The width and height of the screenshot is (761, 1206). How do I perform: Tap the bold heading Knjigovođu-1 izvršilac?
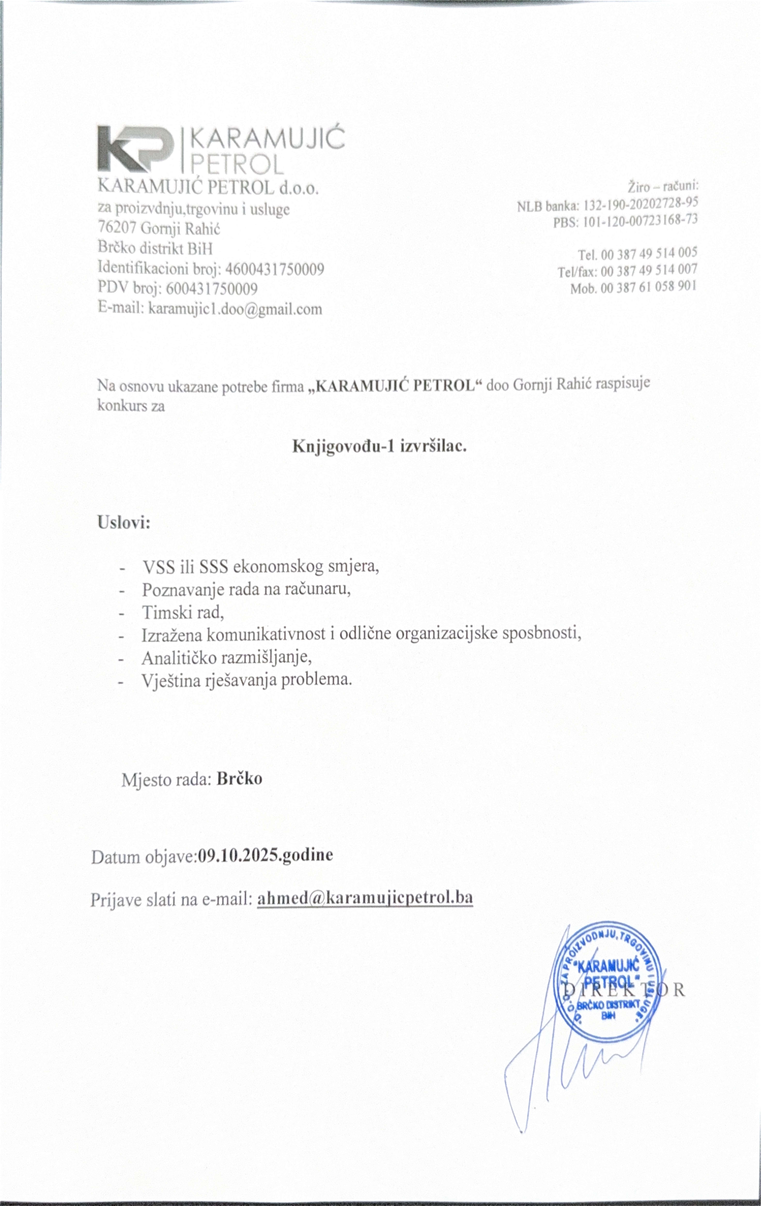point(379,445)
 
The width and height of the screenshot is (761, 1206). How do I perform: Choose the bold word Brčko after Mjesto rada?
point(239,779)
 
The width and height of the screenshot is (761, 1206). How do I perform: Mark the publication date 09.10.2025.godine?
point(265,854)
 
